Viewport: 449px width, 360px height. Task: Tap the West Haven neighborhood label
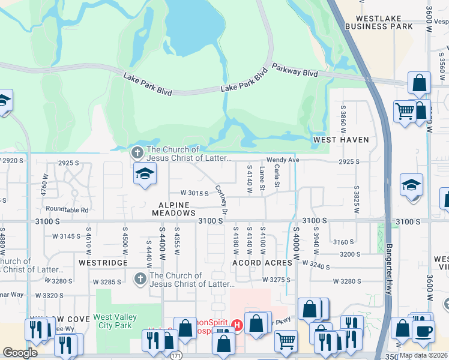[341, 140]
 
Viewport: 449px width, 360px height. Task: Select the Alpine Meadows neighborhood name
[173, 209]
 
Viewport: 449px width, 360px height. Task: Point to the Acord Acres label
[262, 263]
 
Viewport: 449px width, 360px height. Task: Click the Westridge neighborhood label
[102, 263]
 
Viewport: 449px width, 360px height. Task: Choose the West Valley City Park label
[115, 321]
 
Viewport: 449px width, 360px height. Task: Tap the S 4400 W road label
[161, 243]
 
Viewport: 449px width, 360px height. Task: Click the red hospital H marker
[237, 325]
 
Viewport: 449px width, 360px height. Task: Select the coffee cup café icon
[424, 332]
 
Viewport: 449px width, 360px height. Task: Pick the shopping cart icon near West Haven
[405, 110]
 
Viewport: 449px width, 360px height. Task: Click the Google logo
[20, 353]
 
